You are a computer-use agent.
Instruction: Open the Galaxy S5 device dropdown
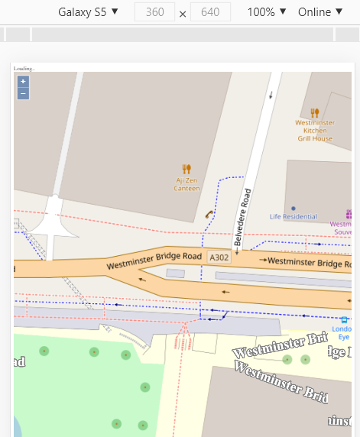click(x=88, y=12)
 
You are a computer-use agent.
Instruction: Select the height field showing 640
click(x=210, y=12)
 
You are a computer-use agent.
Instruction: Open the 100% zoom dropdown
click(x=267, y=12)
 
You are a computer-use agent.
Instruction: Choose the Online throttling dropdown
click(x=320, y=12)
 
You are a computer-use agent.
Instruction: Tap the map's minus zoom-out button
click(x=23, y=93)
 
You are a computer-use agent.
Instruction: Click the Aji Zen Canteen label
click(x=187, y=184)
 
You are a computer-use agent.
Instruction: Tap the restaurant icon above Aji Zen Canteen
click(x=186, y=169)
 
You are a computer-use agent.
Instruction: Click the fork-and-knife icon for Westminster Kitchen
click(x=314, y=112)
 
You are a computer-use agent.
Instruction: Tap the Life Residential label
click(x=294, y=217)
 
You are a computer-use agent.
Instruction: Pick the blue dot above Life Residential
click(x=294, y=208)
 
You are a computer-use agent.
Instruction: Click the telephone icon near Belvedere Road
click(x=208, y=215)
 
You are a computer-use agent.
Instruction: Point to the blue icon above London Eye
click(x=344, y=320)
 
